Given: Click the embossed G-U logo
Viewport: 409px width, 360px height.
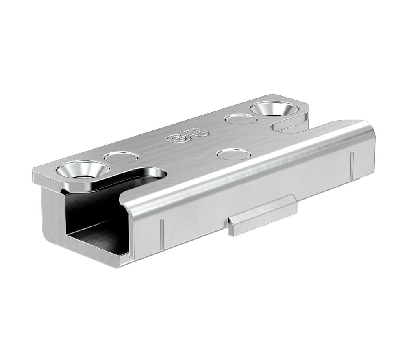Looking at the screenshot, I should pos(188,136).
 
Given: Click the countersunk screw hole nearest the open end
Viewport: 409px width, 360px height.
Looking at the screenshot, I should pos(83,171).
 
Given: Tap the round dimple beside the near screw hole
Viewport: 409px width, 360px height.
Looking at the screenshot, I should pos(121,157).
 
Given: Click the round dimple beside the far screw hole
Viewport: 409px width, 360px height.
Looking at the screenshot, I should pos(240,119).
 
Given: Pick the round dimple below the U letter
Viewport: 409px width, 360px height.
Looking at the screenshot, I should pos(233,154).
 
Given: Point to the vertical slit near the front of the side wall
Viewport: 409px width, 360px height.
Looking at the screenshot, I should pos(162,234).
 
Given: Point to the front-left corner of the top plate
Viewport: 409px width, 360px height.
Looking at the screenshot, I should pos(35,176).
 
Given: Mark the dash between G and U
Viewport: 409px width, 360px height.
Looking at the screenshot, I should pos(189,136).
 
